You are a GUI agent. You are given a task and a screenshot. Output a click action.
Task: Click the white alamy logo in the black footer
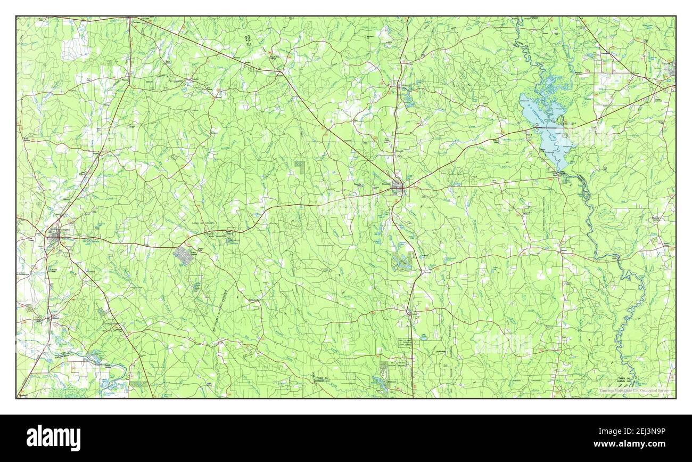point(54,438)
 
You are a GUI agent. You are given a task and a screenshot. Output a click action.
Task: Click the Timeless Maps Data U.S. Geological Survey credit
point(633,391)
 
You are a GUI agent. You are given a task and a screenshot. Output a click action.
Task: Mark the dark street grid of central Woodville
point(397,186)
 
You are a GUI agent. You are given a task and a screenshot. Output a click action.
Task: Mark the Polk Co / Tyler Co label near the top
point(248,40)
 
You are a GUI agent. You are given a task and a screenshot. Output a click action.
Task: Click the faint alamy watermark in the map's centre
point(346,205)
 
